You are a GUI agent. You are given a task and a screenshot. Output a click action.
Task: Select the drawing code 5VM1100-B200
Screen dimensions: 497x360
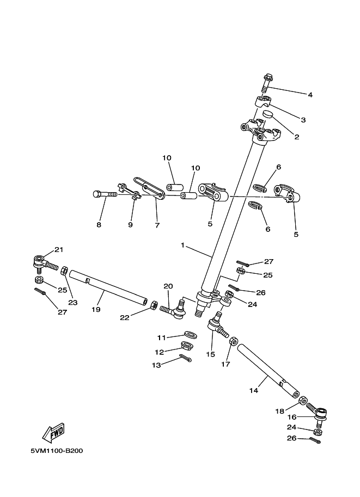coord(57,451)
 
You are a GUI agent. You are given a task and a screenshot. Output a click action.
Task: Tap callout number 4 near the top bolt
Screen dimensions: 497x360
coord(310,95)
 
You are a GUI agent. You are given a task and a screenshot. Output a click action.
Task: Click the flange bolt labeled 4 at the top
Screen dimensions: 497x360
coord(267,83)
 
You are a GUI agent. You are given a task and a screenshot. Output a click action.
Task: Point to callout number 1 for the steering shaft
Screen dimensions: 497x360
coord(184,246)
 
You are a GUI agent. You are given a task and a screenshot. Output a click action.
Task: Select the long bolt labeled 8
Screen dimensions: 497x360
coord(106,193)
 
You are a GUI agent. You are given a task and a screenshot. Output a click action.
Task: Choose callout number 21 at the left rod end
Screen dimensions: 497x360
coord(59,250)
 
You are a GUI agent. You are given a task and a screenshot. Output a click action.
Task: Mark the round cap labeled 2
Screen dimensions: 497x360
coord(268,114)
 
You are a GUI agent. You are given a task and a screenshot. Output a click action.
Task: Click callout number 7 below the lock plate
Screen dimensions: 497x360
coord(157,225)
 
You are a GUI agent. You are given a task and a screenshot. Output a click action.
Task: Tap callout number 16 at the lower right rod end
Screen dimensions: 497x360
coord(292,417)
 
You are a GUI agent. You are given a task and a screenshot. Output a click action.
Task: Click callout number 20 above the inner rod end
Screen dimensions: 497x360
coord(168,286)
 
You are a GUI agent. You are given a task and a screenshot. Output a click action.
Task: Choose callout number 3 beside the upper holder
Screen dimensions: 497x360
coord(303,120)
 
